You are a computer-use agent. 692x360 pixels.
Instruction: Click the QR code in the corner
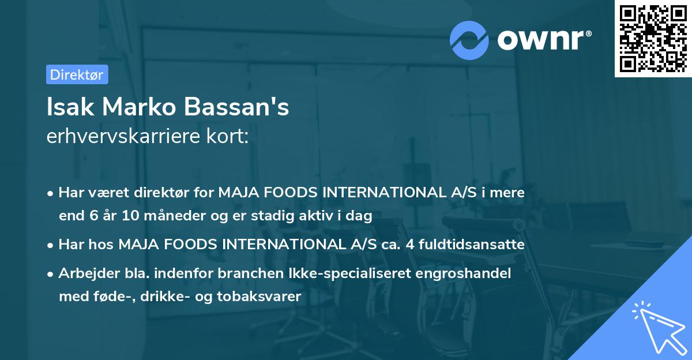pos(653,39)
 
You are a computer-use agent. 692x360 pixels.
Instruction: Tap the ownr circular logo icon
pos(469,40)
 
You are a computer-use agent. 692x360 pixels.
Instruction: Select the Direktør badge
pos(77,74)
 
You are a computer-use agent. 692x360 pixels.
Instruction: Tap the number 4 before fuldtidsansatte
pos(409,245)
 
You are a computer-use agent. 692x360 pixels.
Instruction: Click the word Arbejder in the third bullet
pos(84,273)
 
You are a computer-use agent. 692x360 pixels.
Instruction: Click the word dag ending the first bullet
pos(360,216)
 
